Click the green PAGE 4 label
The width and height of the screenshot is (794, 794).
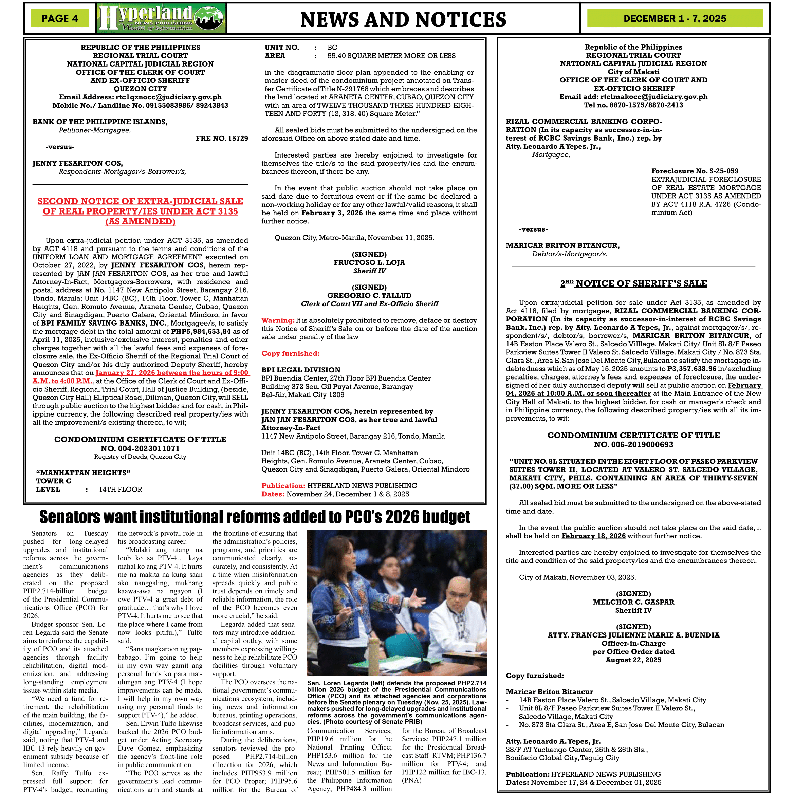point(60,18)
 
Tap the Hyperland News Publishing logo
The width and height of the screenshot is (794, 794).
point(161,18)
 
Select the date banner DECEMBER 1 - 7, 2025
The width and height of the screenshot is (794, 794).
point(675,18)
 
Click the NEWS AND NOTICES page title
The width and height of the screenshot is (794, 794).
point(403,19)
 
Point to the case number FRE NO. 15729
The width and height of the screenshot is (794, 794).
point(222,139)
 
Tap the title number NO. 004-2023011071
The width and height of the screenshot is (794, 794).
point(140,448)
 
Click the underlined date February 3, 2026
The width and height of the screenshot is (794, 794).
point(332,213)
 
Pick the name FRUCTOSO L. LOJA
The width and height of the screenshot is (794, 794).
point(369,262)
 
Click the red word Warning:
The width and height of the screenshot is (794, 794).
point(278,320)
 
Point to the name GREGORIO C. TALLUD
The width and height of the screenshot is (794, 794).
point(369,295)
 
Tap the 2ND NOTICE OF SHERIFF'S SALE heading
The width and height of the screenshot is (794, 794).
point(633,283)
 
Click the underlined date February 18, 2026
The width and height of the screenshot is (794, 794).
point(593,536)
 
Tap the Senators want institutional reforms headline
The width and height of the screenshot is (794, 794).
point(255,517)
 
